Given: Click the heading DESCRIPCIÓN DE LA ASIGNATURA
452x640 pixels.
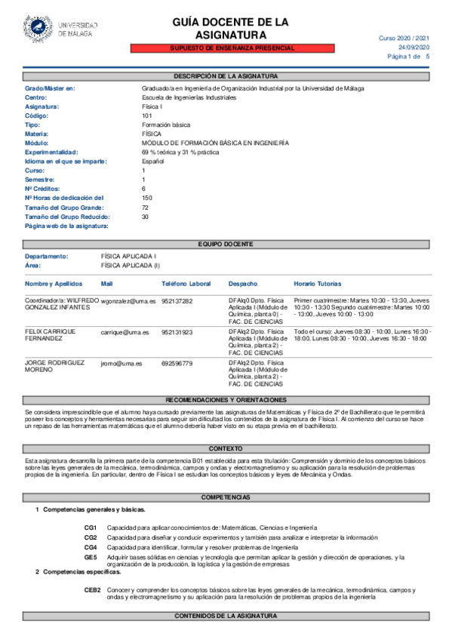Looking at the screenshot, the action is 226,76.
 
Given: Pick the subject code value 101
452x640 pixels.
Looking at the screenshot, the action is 147,115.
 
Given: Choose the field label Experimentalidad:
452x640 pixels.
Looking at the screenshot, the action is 57,152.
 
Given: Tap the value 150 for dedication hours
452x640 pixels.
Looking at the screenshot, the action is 147,198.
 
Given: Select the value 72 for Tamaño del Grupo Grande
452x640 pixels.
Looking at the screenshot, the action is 145,207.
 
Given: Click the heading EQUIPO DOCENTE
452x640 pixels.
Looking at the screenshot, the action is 226,244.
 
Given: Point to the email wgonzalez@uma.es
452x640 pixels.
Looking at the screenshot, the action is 127,301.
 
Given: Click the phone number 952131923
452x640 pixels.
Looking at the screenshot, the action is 177,332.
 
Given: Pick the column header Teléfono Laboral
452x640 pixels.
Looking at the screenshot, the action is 186,284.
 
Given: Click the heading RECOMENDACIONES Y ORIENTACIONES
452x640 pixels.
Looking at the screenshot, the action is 226,399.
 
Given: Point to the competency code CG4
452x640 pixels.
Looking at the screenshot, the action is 91,546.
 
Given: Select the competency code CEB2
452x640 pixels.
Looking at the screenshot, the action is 92,589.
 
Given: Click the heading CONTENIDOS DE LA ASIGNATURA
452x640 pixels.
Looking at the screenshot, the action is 226,617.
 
